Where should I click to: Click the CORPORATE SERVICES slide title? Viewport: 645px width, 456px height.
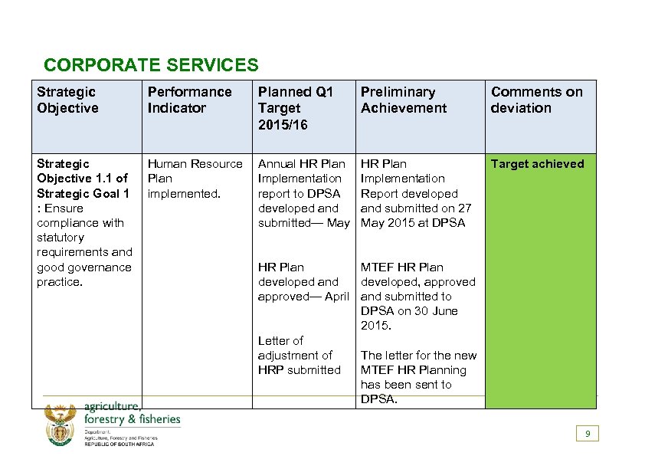coord(151,66)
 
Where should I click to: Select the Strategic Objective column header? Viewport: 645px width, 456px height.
coord(67,100)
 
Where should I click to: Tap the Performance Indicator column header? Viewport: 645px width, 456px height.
coord(189,100)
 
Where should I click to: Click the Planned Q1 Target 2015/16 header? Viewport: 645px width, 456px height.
coord(296,108)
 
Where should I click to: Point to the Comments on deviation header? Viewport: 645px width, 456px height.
coord(536,100)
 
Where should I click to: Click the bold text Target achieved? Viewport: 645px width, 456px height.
coord(537,164)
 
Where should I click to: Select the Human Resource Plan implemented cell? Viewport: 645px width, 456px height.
coord(195,179)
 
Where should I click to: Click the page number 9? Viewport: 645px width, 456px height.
coord(588,434)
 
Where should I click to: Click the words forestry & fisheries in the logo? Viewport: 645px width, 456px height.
coord(133,419)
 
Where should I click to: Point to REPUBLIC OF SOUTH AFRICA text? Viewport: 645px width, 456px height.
coord(119,445)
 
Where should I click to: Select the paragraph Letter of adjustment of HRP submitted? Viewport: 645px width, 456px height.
coord(299,355)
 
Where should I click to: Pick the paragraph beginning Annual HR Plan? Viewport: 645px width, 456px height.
coord(303,193)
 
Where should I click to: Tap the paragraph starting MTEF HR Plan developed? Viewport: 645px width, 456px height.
coord(417,297)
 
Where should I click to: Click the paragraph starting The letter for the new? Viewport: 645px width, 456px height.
coord(418,377)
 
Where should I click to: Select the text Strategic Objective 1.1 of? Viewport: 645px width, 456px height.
coord(82,179)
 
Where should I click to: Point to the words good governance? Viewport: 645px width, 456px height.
coord(83,267)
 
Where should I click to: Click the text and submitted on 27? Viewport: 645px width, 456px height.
coord(415,208)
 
